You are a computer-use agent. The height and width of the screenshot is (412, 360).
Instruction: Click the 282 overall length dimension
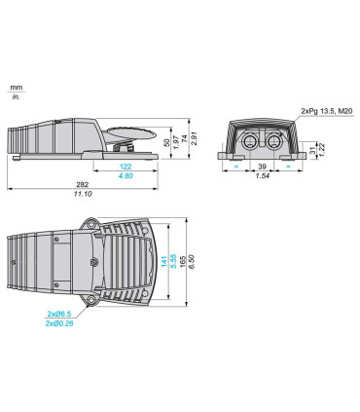click(x=83, y=184)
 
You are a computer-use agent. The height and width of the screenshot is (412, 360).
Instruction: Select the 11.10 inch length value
click(x=83, y=194)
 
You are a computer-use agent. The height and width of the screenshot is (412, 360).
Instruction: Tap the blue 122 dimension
click(x=126, y=167)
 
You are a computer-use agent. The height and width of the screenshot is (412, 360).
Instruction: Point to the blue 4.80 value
click(x=126, y=175)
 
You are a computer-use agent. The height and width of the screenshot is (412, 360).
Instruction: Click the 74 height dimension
click(x=185, y=139)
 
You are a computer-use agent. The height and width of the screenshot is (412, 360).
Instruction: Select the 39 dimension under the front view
click(x=263, y=167)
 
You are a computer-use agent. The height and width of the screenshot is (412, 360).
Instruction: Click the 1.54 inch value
click(x=263, y=175)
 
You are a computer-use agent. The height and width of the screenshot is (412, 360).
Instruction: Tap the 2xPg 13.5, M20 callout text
click(x=327, y=111)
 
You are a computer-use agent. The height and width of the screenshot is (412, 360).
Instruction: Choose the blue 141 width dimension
click(x=164, y=262)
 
